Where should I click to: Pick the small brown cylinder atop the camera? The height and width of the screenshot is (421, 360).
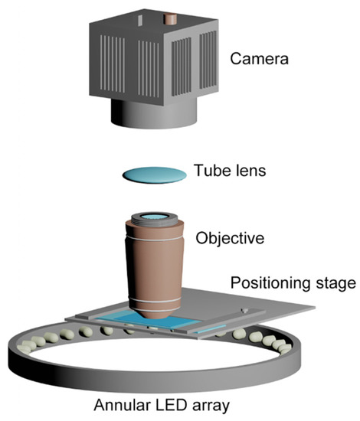pyautogui.click(x=169, y=18)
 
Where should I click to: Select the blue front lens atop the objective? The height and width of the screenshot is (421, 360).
pyautogui.click(x=156, y=218)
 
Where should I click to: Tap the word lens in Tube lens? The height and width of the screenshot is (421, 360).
pyautogui.click(x=250, y=171)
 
